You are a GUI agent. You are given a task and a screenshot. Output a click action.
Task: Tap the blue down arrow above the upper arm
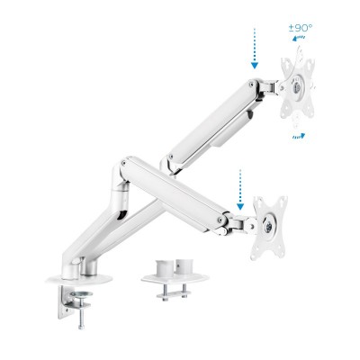coord(255,49)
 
